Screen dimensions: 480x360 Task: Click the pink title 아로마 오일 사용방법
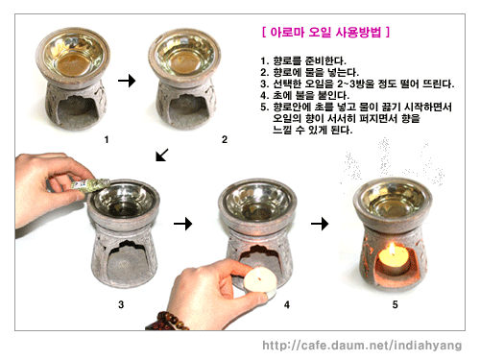pyautogui.click(x=325, y=33)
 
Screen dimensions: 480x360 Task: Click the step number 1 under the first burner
pyautogui.click(x=107, y=139)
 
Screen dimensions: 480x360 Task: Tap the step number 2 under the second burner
pyautogui.click(x=225, y=139)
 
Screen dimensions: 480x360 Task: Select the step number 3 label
pyautogui.click(x=121, y=304)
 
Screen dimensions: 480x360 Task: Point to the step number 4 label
pyautogui.click(x=287, y=304)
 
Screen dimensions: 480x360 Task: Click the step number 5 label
pyautogui.click(x=396, y=304)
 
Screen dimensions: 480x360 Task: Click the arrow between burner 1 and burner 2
pyautogui.click(x=127, y=81)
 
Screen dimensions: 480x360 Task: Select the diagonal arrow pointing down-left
pyautogui.click(x=162, y=155)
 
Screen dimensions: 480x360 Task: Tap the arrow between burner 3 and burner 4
pyautogui.click(x=183, y=224)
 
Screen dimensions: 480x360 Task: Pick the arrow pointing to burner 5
pyautogui.click(x=320, y=224)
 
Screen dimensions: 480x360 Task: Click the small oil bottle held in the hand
pyautogui.click(x=90, y=185)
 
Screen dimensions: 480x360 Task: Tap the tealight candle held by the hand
pyautogui.click(x=260, y=280)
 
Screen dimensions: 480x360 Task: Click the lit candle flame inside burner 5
pyautogui.click(x=392, y=250)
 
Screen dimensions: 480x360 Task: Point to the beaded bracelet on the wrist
pyautogui.click(x=168, y=321)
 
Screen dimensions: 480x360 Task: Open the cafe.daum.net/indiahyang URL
pyautogui.click(x=362, y=346)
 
